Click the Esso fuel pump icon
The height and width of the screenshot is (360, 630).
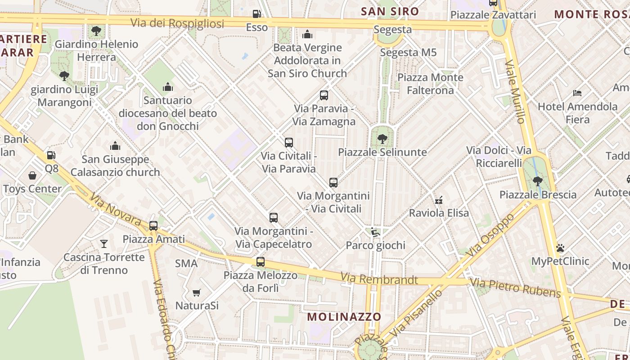[x=256, y=14]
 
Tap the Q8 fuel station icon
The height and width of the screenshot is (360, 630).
[x=51, y=155]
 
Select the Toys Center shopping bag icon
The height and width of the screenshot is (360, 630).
[x=32, y=175]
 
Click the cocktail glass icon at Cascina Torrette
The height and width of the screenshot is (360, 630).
[x=104, y=244]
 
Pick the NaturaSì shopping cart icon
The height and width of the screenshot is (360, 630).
[x=196, y=293]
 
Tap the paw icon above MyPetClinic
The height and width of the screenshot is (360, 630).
[x=560, y=248]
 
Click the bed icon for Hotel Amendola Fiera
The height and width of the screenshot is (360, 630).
[x=577, y=93]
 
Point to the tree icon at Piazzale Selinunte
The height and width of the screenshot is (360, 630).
[x=382, y=139]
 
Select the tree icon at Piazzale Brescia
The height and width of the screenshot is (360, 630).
[x=537, y=181]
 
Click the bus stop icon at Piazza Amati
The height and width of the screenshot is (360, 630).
[x=153, y=225]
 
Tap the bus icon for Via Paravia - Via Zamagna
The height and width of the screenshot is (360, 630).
[x=324, y=95]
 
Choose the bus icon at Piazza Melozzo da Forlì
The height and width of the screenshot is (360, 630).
[x=260, y=262]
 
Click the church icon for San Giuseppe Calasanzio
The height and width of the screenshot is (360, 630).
[x=115, y=146]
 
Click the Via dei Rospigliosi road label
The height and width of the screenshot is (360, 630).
[x=177, y=23]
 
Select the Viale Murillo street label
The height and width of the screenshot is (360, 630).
[x=515, y=91]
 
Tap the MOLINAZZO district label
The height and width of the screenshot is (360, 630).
[x=344, y=317]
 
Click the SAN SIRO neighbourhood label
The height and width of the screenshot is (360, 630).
[x=390, y=11]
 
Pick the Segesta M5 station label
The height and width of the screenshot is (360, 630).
[x=408, y=53]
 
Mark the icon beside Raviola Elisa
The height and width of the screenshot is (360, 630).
[x=439, y=200]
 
